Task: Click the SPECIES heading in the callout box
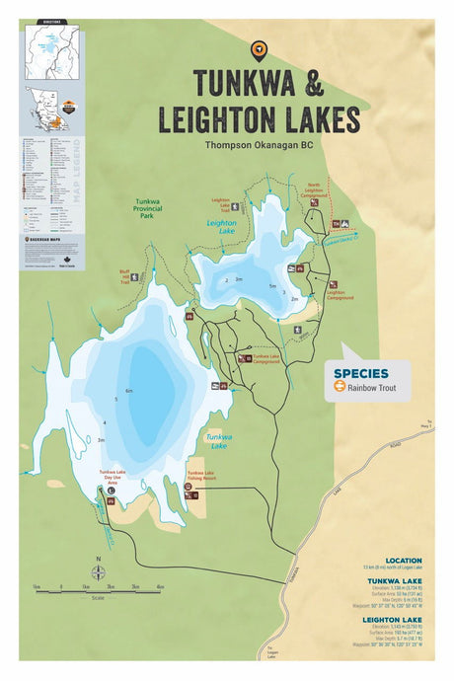click(360, 373)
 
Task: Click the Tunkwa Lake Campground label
click(267, 358)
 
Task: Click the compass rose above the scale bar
click(98, 573)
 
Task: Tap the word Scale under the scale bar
click(98, 597)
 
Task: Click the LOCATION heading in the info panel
click(404, 560)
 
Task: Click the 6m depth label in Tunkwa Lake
click(129, 391)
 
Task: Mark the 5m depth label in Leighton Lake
click(272, 286)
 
